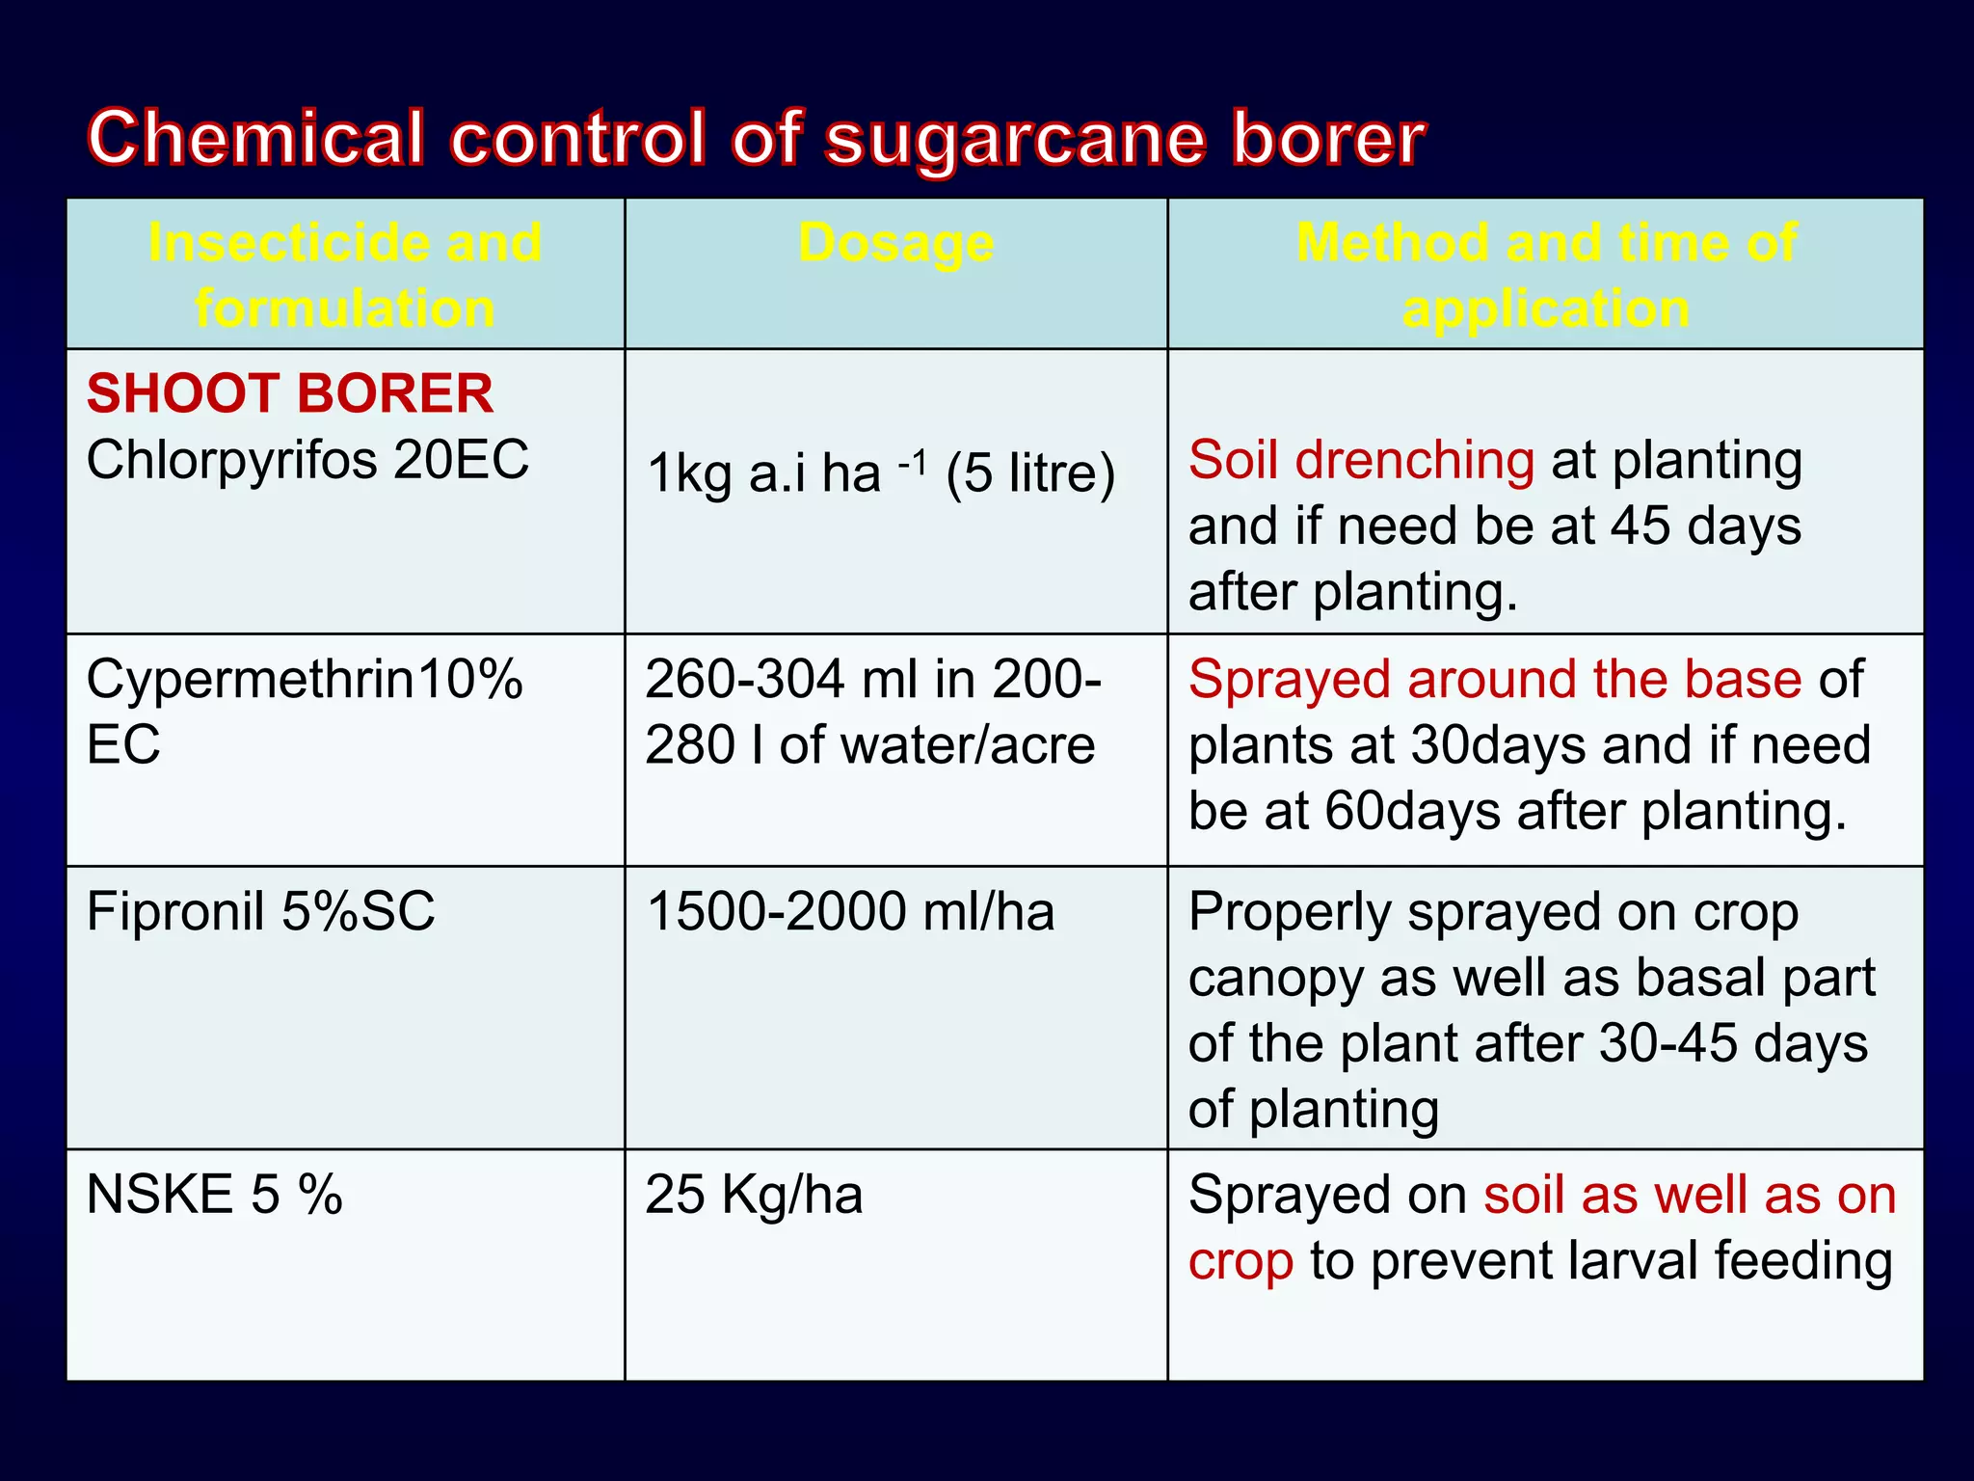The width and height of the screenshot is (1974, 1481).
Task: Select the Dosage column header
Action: click(895, 242)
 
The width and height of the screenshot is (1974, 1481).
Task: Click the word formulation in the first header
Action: click(345, 309)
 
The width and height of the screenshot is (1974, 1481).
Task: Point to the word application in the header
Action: click(1545, 309)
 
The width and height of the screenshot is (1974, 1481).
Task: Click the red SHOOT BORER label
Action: click(289, 393)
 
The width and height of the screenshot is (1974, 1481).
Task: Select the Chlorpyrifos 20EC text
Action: click(307, 459)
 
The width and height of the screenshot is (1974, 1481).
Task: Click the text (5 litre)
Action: click(1030, 473)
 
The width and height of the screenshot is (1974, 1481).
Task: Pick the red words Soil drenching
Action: click(1361, 460)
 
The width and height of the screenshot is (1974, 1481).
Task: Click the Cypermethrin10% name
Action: click(304, 679)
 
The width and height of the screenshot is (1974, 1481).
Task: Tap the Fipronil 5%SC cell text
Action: click(260, 911)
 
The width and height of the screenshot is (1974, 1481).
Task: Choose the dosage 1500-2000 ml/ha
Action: click(850, 911)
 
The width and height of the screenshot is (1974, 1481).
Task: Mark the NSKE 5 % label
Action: click(214, 1195)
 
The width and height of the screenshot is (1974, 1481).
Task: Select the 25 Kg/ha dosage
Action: click(754, 1195)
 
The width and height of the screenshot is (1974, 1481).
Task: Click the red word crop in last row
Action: click(1240, 1261)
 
